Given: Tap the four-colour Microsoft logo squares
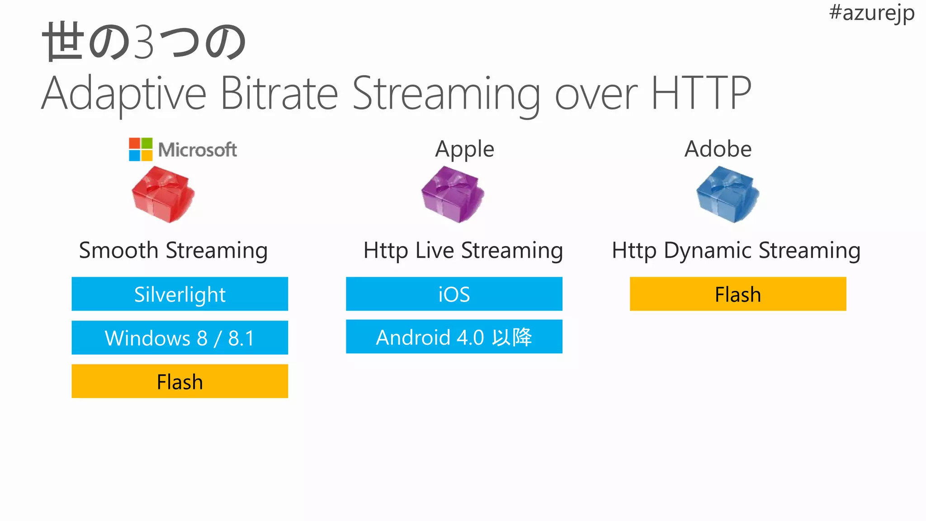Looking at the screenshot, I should click(x=141, y=149).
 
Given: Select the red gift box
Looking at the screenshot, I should click(x=162, y=194).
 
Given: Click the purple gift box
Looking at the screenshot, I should click(x=452, y=194).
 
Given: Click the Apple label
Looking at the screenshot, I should click(x=464, y=149).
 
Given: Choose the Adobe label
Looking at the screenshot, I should click(x=718, y=149).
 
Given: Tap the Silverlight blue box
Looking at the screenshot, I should click(x=180, y=294).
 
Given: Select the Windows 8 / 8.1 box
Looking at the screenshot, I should click(x=180, y=337).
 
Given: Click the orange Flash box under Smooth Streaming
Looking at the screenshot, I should click(x=180, y=381).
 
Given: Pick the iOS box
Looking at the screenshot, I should click(x=454, y=294).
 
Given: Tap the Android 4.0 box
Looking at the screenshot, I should click(x=454, y=337).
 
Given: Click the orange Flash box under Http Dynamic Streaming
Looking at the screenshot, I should click(x=738, y=294).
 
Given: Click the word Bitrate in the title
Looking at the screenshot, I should click(x=279, y=94).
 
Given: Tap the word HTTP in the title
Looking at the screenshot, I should click(x=701, y=94).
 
